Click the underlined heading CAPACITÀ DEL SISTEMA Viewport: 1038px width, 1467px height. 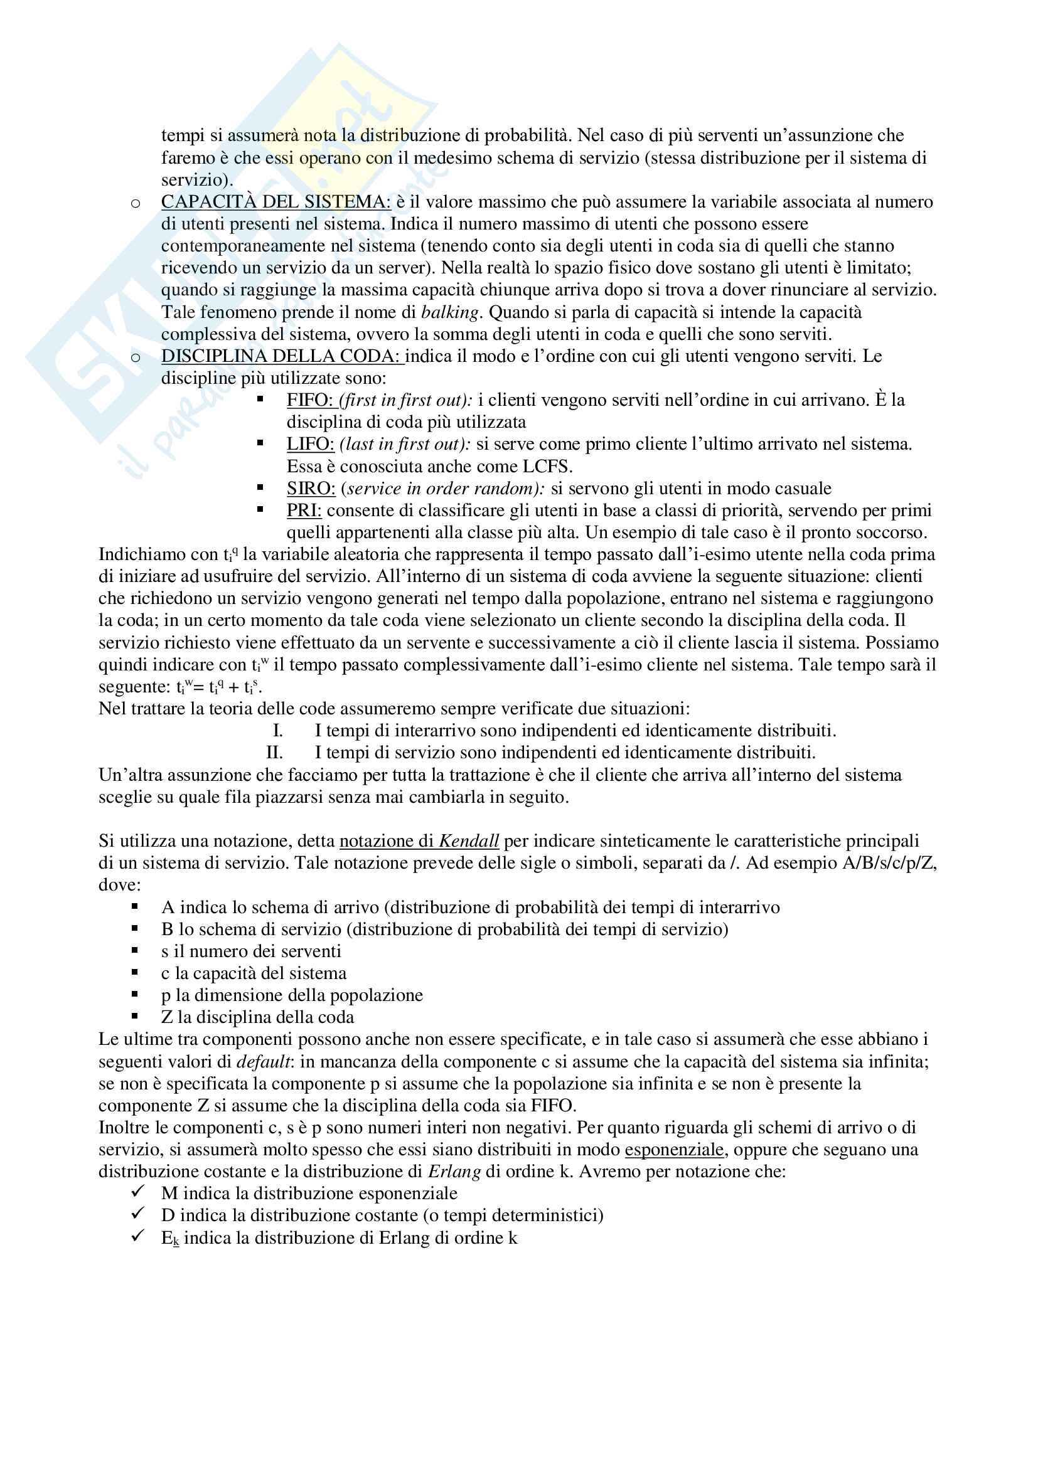(x=276, y=202)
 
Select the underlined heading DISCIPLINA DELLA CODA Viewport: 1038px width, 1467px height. (x=281, y=356)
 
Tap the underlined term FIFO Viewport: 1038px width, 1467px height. (x=310, y=400)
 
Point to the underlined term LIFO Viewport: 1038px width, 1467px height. (x=310, y=444)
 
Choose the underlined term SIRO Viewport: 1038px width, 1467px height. (x=311, y=489)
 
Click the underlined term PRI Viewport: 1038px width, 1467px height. (x=304, y=511)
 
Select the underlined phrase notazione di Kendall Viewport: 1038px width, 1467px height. (x=419, y=841)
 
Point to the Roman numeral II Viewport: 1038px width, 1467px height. (x=274, y=753)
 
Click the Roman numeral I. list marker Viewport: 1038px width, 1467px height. (x=277, y=730)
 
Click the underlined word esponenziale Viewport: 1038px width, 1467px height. (x=673, y=1150)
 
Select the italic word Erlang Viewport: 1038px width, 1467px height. (x=454, y=1172)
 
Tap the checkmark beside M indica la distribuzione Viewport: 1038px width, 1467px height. (x=137, y=1192)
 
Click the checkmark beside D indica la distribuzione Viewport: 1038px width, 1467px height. (x=137, y=1214)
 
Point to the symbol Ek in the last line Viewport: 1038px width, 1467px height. (x=170, y=1238)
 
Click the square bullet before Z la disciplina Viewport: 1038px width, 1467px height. (x=135, y=1016)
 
